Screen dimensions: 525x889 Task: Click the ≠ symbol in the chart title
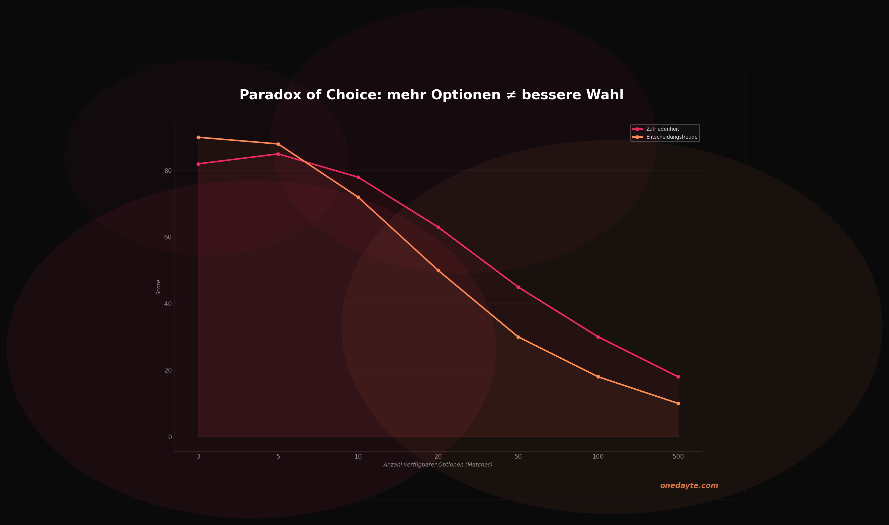511,95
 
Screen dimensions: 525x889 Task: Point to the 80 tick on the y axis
168,171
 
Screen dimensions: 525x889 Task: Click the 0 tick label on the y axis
170,437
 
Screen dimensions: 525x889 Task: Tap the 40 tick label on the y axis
168,304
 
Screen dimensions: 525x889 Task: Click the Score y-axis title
158,287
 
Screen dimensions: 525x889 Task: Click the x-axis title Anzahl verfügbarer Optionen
438,465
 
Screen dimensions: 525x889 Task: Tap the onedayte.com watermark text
689,486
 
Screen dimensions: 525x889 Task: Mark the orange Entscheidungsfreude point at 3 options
198,137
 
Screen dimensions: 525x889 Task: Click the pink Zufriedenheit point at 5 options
278,154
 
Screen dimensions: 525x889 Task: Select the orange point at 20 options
438,271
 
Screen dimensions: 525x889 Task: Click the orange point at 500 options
678,404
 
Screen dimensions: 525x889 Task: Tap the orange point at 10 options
358,197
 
